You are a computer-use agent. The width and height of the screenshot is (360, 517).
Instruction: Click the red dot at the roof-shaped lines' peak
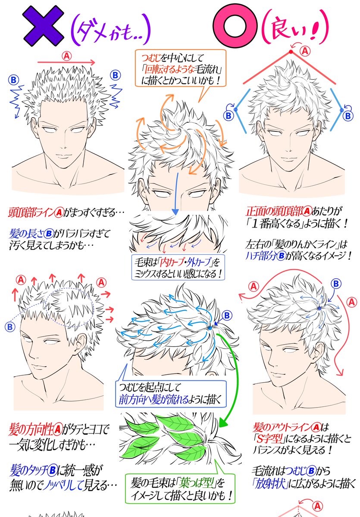[291, 53]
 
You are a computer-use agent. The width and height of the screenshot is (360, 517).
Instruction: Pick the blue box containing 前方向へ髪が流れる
[170, 393]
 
